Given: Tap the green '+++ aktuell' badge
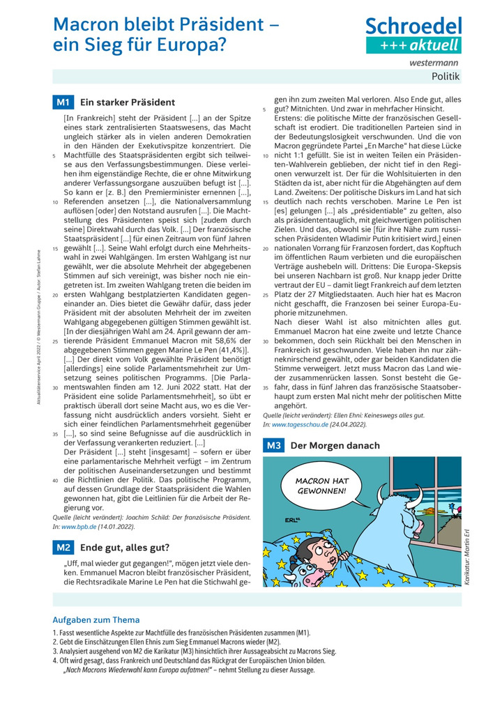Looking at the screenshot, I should point(414,45).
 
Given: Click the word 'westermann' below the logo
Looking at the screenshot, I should point(439,63).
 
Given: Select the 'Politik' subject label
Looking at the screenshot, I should point(446,77).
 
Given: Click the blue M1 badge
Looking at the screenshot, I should point(63,102).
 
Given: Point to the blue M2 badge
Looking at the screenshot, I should point(63,547).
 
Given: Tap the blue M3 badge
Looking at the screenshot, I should point(273,445).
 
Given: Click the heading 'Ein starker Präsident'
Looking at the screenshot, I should point(128,102).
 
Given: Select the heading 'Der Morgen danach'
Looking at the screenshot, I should point(335,445).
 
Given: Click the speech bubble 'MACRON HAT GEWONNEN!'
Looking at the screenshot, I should point(321,486).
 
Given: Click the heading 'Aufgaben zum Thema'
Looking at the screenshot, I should point(96,619).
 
